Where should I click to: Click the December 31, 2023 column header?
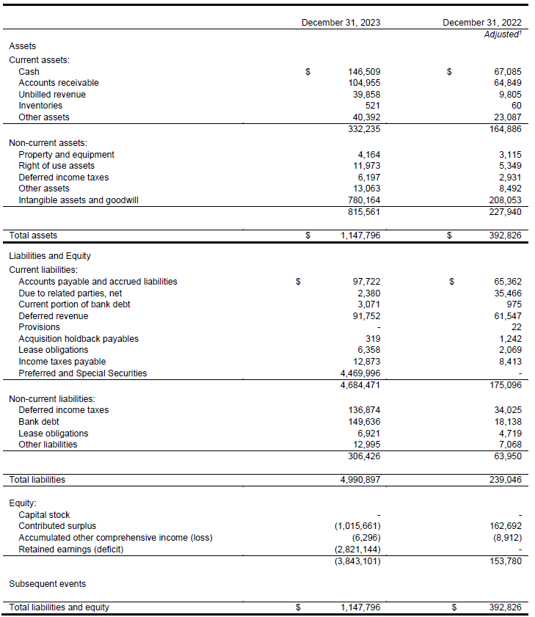(x=341, y=23)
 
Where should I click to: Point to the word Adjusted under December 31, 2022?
(x=501, y=34)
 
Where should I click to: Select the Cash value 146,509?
(x=364, y=72)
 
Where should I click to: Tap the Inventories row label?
(x=40, y=106)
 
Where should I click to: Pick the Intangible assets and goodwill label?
(x=79, y=200)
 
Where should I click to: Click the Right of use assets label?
(x=57, y=166)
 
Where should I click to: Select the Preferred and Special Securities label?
(x=82, y=373)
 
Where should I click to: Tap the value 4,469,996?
(x=360, y=373)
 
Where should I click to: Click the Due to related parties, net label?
(x=70, y=293)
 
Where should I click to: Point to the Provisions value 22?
(x=517, y=327)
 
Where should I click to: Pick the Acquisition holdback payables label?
(x=79, y=338)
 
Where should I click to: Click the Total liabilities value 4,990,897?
(x=360, y=480)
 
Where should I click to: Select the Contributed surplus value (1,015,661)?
(x=357, y=526)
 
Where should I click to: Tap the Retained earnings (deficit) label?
(x=71, y=550)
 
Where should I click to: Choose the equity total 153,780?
(x=506, y=561)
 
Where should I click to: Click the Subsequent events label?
(x=48, y=584)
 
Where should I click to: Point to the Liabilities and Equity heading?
(x=50, y=256)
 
